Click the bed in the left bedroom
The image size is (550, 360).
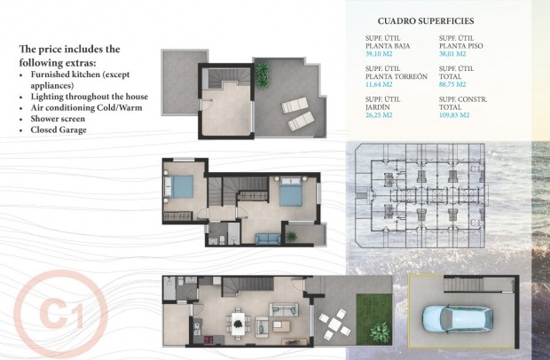click(180, 188)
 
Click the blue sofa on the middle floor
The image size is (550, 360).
click(267, 238)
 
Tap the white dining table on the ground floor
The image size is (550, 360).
click(238, 319)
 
